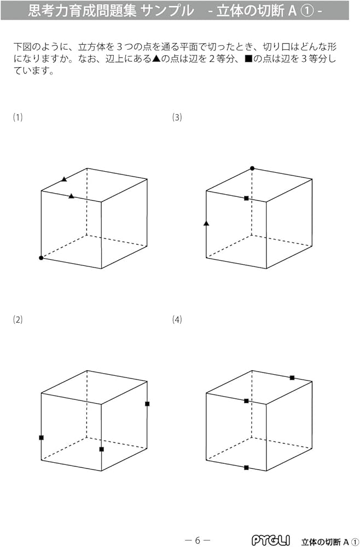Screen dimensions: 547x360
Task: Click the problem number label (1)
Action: [18, 117]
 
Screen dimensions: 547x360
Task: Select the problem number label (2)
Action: [18, 320]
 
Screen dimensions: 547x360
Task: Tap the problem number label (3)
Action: [177, 117]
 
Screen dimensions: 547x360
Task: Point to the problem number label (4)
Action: [177, 320]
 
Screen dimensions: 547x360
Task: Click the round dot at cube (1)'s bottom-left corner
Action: [41, 258]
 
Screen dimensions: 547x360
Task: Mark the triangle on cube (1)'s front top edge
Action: [71, 196]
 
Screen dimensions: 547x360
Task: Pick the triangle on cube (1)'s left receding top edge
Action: [64, 179]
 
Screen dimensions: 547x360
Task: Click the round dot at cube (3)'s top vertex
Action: [252, 168]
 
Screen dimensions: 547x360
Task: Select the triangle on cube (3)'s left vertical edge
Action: [206, 223]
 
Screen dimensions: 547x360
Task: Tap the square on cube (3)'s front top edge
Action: [246, 198]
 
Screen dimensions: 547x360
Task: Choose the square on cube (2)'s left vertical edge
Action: [41, 437]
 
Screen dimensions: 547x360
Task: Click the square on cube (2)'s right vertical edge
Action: [147, 404]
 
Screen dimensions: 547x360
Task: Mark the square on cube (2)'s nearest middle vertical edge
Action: [101, 449]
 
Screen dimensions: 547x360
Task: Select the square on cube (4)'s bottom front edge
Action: [246, 468]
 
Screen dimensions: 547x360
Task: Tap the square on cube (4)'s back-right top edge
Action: [292, 377]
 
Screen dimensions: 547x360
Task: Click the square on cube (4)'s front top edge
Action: [246, 401]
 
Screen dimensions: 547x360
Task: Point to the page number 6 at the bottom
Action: [198, 540]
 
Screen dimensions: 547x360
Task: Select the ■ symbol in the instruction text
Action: [248, 59]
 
